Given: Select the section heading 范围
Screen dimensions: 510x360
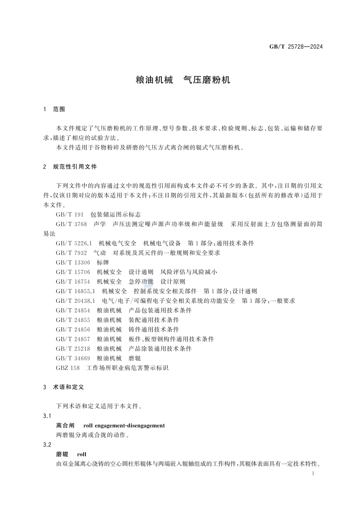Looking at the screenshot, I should tap(59, 110).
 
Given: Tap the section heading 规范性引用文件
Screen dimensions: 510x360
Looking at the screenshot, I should tap(75, 167).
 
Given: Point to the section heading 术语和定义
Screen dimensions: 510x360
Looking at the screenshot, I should tap(69, 387).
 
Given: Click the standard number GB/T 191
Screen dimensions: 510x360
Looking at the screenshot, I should tap(70, 214).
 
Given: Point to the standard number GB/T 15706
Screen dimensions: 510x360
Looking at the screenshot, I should tap(74, 272).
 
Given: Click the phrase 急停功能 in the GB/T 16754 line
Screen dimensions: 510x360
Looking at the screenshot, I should tap(141, 281).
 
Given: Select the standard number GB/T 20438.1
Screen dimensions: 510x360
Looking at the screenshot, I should tap(76, 300).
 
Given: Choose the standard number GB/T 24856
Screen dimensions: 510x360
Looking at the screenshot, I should tap(74, 329).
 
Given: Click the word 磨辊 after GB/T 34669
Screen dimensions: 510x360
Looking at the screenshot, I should tap(135, 358).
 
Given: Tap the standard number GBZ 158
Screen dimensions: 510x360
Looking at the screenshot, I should tap(68, 368).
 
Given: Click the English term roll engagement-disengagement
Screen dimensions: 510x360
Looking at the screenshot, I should tap(124, 425).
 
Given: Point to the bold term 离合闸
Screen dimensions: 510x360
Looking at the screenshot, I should tap(65, 425).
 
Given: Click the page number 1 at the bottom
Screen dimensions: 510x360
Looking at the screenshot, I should tap(314, 474).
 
